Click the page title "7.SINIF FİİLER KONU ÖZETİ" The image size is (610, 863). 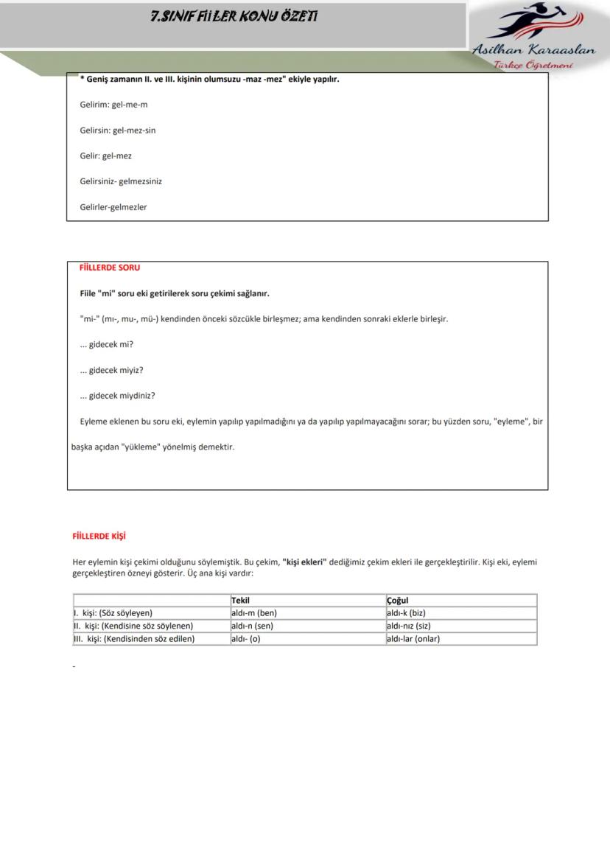pyautogui.click(x=234, y=16)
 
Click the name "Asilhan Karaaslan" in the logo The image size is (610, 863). pyautogui.click(x=533, y=50)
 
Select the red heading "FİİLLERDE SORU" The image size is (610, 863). pyautogui.click(x=110, y=268)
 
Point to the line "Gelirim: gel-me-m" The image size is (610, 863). pyautogui.click(x=114, y=105)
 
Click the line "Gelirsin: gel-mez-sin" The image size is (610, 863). pyautogui.click(x=118, y=130)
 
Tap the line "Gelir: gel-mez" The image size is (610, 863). pyautogui.click(x=106, y=156)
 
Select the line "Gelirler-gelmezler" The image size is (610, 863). pyautogui.click(x=113, y=207)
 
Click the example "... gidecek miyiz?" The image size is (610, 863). pyautogui.click(x=112, y=370)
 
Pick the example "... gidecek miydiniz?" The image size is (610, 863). pyautogui.click(x=118, y=396)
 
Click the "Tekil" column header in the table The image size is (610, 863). pyautogui.click(x=240, y=601)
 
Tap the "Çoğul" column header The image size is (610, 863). pyautogui.click(x=397, y=601)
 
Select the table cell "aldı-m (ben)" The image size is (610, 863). pyautogui.click(x=254, y=613)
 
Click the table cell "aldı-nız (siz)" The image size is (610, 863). pyautogui.click(x=408, y=626)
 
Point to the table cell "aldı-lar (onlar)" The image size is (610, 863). pyautogui.click(x=413, y=639)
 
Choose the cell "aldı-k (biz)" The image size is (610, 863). pyautogui.click(x=406, y=613)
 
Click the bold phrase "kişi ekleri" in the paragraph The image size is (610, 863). pyautogui.click(x=304, y=562)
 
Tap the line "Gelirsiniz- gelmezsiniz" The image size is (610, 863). pyautogui.click(x=121, y=181)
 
